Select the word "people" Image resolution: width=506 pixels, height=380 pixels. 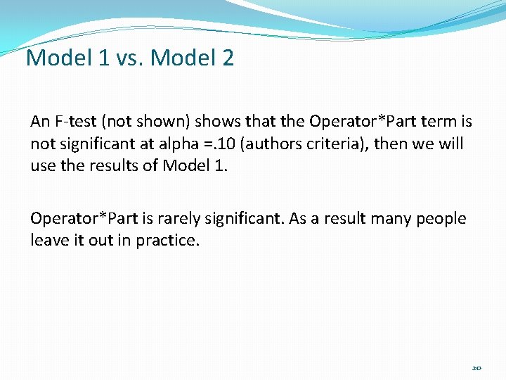441,218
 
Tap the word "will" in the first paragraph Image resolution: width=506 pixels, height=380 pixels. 450,144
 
